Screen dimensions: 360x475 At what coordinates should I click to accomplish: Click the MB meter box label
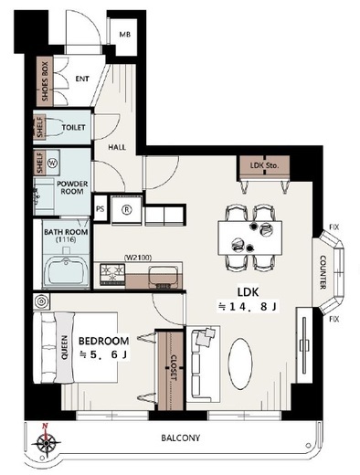click(124, 35)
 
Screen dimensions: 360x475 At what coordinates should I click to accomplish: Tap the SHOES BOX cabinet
click(45, 81)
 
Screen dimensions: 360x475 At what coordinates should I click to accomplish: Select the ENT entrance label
click(82, 79)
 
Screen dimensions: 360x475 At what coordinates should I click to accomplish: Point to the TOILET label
click(73, 127)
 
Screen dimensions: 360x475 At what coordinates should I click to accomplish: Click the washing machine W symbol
click(52, 163)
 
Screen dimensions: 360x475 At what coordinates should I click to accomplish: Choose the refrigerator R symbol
click(126, 209)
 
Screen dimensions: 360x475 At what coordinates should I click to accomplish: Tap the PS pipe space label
click(100, 209)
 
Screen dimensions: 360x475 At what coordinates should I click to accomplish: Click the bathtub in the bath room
click(67, 272)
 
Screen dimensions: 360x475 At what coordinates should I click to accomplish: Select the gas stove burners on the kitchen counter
click(112, 273)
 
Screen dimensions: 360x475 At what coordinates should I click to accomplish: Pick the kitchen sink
click(163, 276)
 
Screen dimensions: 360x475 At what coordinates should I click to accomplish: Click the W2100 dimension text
click(138, 258)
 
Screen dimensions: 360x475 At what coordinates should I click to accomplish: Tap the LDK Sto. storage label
click(264, 165)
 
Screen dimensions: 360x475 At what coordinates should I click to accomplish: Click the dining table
click(249, 237)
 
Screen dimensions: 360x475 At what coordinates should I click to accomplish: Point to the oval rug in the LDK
click(240, 364)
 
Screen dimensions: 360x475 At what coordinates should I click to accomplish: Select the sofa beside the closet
click(203, 364)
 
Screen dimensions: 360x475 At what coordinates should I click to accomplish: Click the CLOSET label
click(173, 368)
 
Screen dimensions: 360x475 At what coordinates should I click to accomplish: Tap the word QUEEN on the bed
click(65, 347)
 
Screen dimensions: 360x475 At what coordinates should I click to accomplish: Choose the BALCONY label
click(181, 438)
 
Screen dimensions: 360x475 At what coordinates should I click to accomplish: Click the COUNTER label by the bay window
click(323, 272)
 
